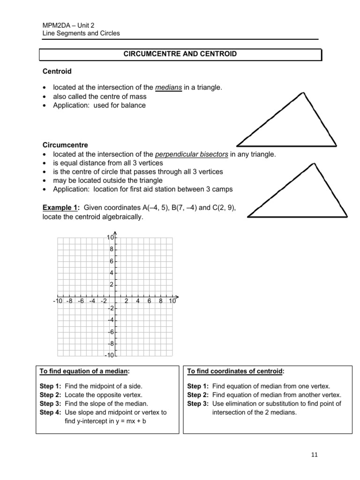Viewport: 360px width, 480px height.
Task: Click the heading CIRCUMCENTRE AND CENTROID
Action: pyautogui.click(x=180, y=54)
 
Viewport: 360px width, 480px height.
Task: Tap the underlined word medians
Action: pyautogui.click(x=168, y=87)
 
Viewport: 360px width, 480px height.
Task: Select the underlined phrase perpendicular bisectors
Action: pyautogui.click(x=197, y=154)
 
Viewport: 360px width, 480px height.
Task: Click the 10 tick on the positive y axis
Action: pyautogui.click(x=110, y=238)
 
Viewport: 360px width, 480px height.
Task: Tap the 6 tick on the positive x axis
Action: pyautogui.click(x=149, y=301)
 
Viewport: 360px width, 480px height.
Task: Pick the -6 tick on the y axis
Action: pyautogui.click(x=111, y=332)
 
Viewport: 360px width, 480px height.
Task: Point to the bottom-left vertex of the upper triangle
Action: pyautogui.click(x=238, y=145)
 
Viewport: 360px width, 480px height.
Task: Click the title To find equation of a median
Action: pyautogui.click(x=84, y=372)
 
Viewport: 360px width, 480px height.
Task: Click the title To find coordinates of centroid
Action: pyautogui.click(x=234, y=372)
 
